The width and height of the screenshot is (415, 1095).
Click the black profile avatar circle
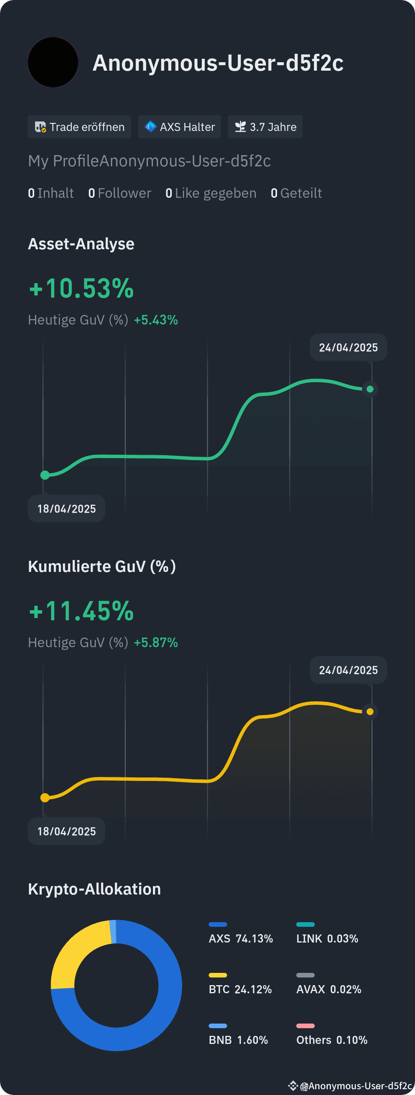53,62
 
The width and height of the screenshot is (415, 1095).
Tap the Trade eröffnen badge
79,127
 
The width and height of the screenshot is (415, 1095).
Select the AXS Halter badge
179,127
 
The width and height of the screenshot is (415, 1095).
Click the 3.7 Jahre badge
265,127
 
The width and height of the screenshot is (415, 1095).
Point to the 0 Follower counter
120,193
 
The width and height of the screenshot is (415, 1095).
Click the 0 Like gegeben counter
211,193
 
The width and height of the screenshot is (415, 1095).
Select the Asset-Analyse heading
81,244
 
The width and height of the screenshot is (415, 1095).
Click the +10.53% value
81,288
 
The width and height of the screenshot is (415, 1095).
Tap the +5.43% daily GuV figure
156,320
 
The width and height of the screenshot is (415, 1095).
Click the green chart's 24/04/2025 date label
348,347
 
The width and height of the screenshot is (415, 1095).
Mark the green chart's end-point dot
370,389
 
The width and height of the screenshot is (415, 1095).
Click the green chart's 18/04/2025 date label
66,509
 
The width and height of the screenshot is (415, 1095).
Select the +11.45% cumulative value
81,611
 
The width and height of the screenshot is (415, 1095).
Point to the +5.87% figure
156,643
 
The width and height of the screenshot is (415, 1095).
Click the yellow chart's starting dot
45,797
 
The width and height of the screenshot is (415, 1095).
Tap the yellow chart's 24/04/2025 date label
348,670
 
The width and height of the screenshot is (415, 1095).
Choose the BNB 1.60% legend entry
238,1040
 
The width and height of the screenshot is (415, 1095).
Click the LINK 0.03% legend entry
327,939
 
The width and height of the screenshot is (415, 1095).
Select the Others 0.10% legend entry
332,1040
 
